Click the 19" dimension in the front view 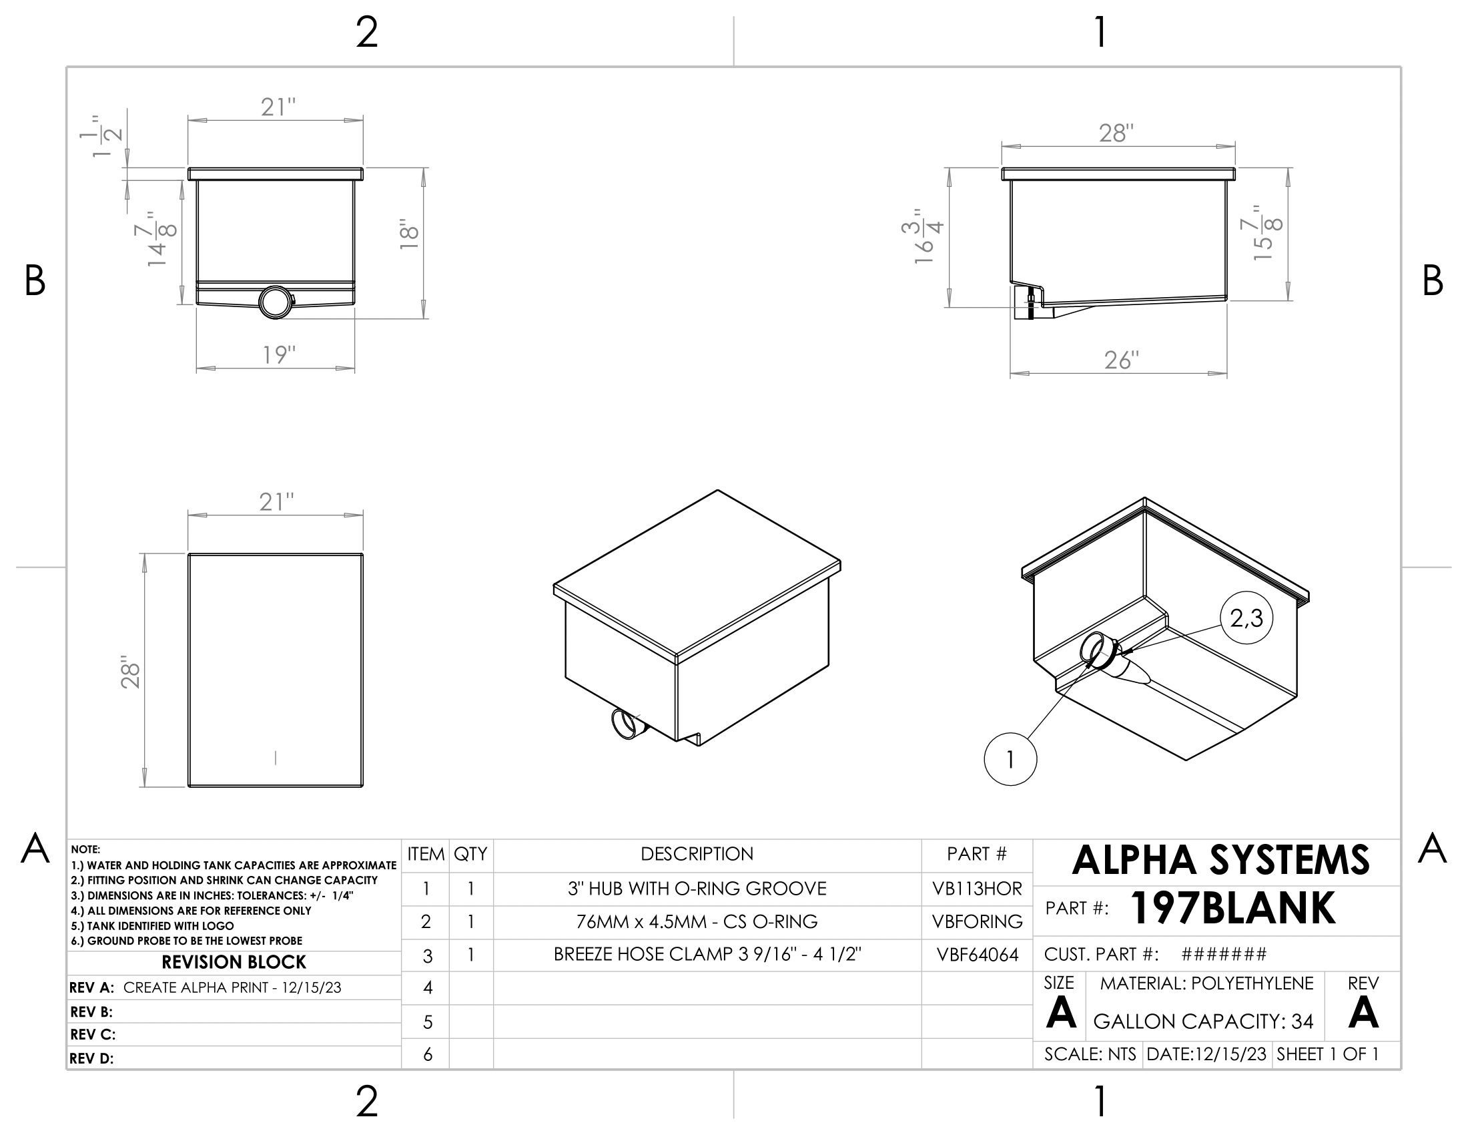pos(278,355)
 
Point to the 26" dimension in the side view pos(1121,361)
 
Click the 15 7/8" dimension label pos(1263,232)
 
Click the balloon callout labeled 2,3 pos(1246,618)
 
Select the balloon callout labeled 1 pos(1010,759)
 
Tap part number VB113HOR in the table pos(977,889)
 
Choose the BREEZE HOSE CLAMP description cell pos(707,954)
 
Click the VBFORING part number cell pos(977,921)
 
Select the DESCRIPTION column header pos(697,854)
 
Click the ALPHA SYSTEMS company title pos(1220,861)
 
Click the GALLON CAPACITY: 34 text pos(1203,1021)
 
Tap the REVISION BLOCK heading pos(234,962)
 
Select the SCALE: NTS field pos(1090,1054)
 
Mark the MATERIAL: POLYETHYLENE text pos(1206,983)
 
